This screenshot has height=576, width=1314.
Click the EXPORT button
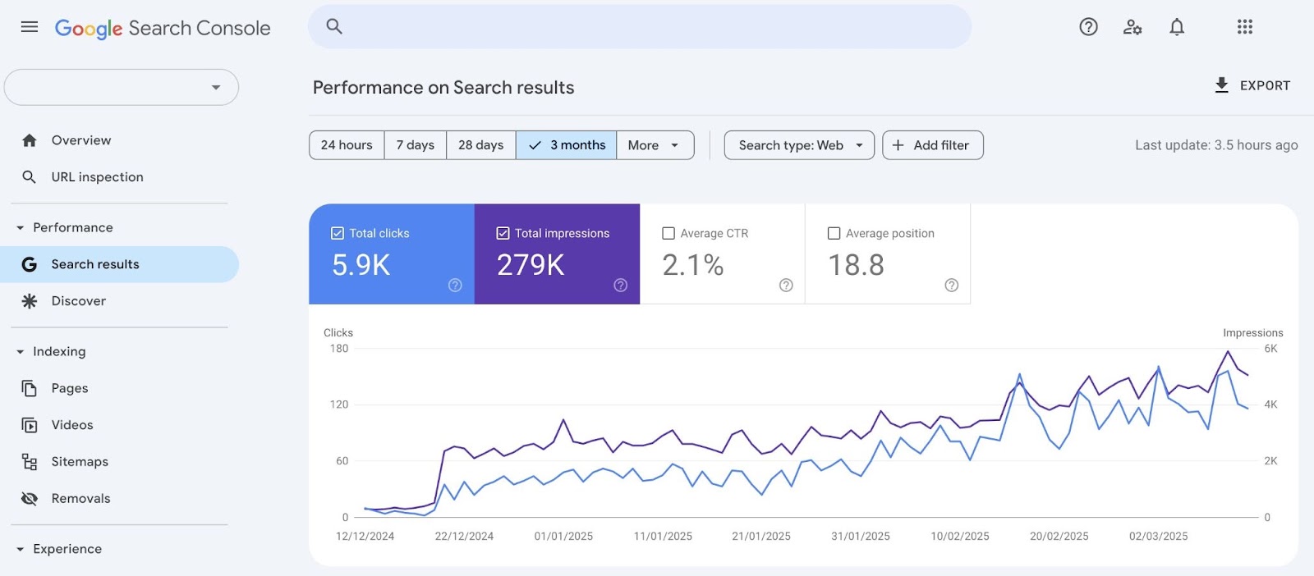tap(1252, 85)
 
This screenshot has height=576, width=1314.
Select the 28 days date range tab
tap(481, 145)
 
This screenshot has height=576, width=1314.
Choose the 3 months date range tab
tap(567, 145)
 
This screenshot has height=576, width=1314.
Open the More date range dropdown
tap(655, 145)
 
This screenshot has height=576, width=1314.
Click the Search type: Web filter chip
tap(799, 145)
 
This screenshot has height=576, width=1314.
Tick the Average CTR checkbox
tap(668, 234)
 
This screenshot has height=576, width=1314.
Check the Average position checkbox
tap(834, 234)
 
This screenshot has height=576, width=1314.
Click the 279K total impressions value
tap(531, 265)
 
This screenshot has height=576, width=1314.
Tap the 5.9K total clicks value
tap(361, 265)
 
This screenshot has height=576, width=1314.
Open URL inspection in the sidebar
tap(97, 177)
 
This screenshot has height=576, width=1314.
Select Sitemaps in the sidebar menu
tap(80, 462)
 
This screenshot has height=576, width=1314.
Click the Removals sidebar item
tap(80, 499)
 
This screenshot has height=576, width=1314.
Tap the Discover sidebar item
tap(79, 301)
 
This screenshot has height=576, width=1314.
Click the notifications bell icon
tap(1177, 27)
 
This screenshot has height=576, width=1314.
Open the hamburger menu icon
tap(30, 27)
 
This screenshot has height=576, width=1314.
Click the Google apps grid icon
tap(1245, 27)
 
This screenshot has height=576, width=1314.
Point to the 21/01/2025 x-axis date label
tap(761, 537)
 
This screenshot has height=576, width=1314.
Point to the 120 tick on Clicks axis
tap(339, 405)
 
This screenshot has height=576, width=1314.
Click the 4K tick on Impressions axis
tap(1270, 405)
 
